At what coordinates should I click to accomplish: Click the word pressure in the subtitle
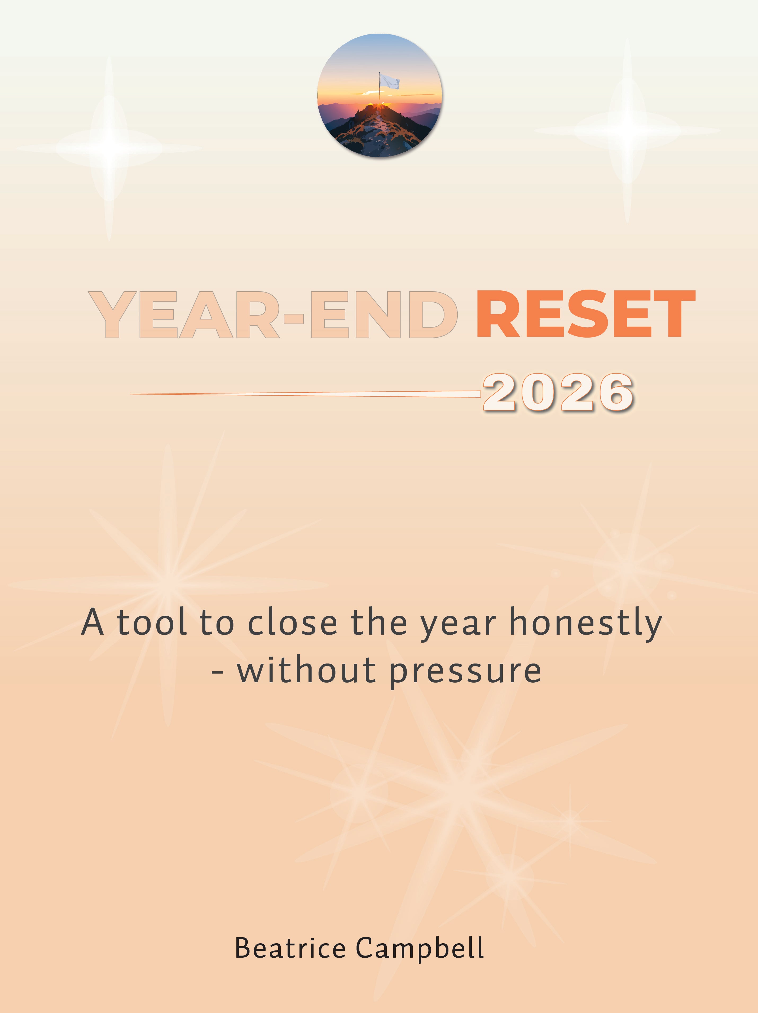coord(465,671)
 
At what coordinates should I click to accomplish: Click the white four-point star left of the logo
coord(109,148)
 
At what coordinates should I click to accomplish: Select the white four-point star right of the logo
coord(627,131)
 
